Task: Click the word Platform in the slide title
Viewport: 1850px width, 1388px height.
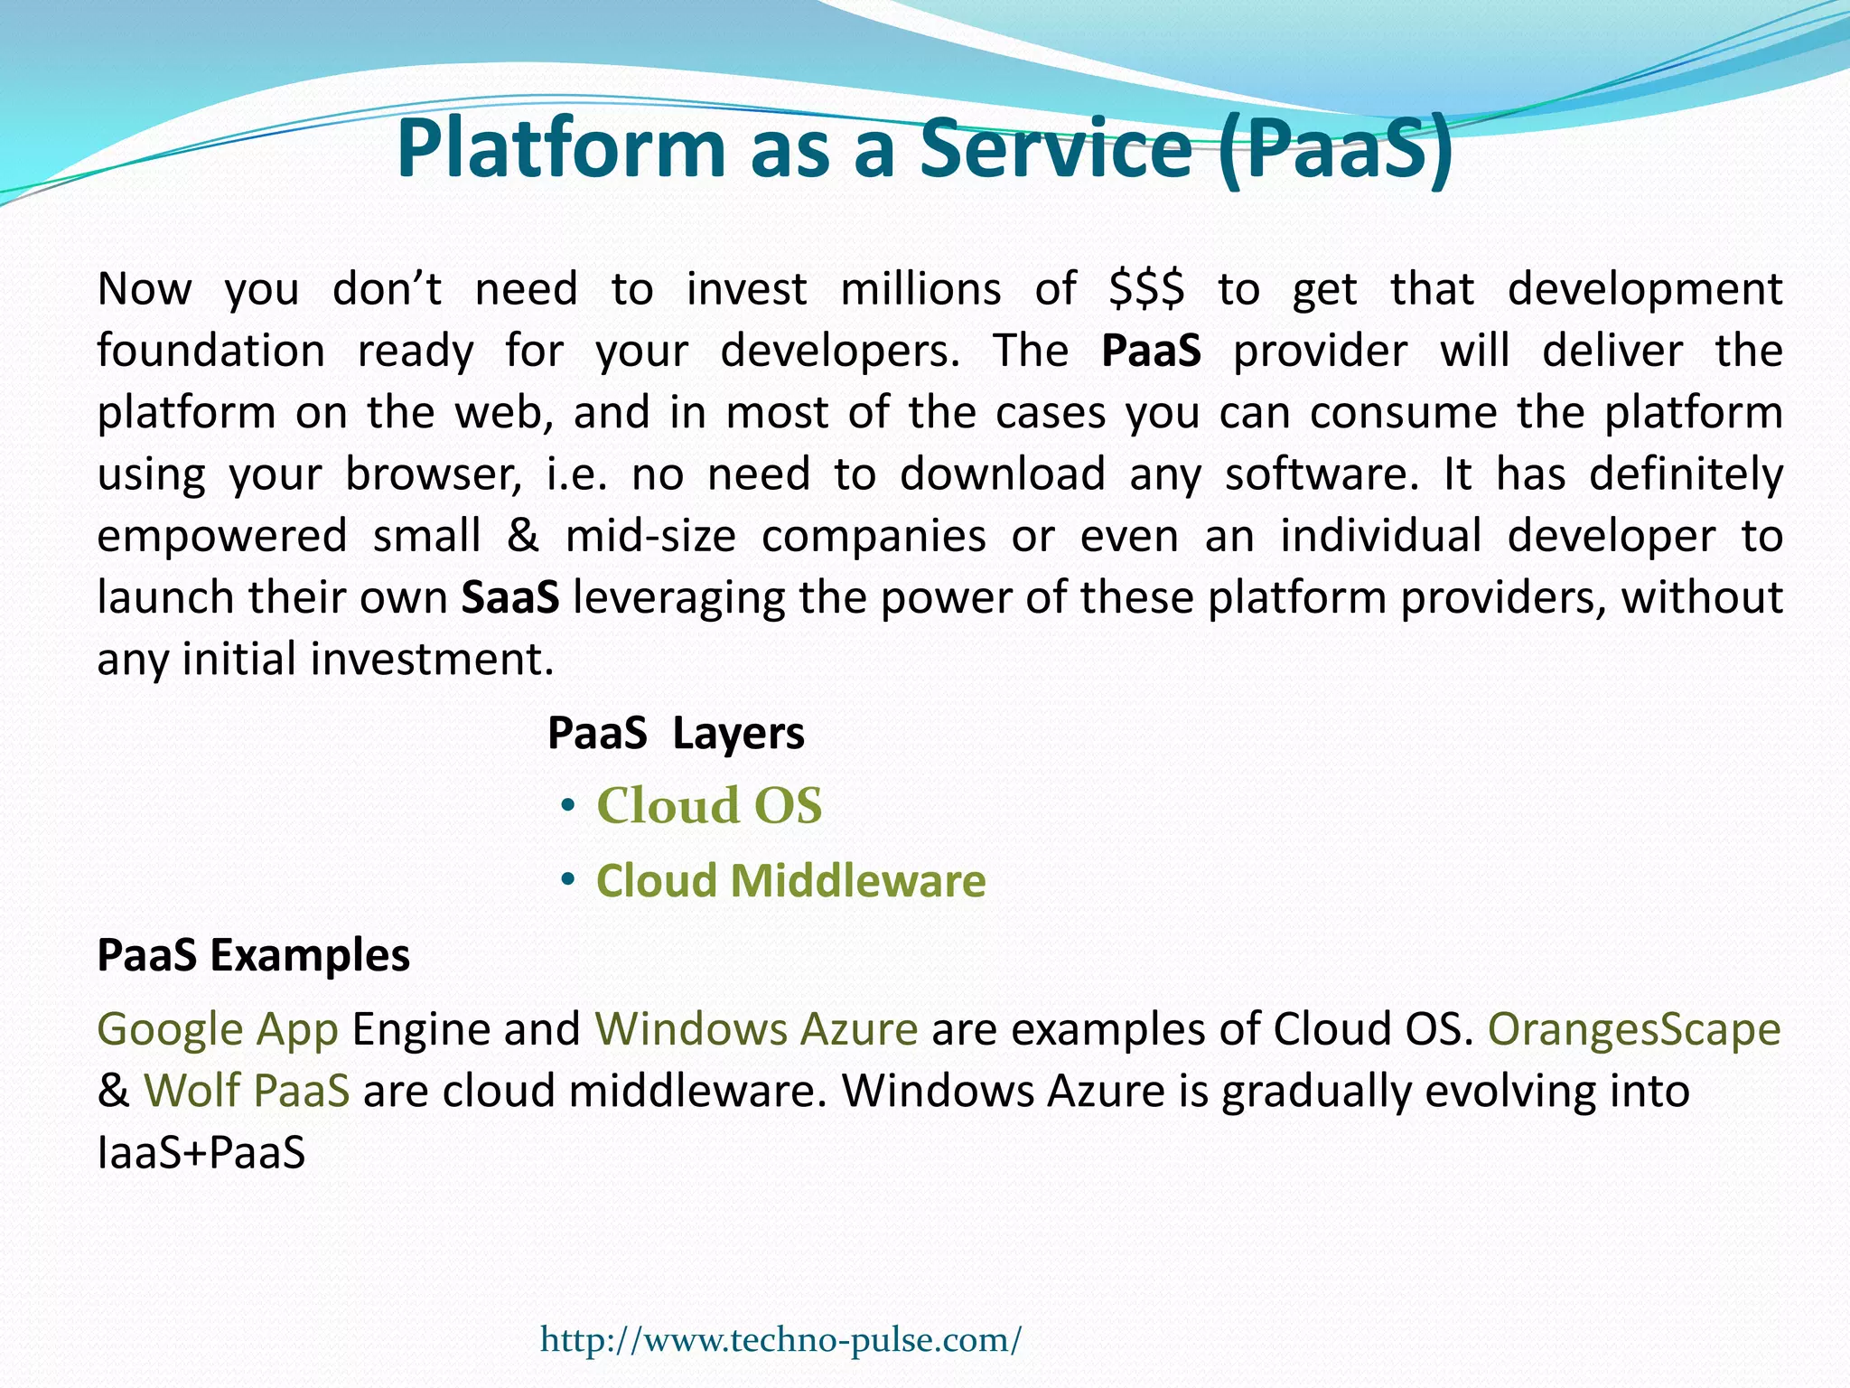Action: [x=561, y=148]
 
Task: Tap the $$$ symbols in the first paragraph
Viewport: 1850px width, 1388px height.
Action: [x=1146, y=290]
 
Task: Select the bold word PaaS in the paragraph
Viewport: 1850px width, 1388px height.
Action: [x=1151, y=351]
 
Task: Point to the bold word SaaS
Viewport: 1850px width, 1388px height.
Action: [x=509, y=597]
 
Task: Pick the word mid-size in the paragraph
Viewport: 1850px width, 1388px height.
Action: [x=650, y=536]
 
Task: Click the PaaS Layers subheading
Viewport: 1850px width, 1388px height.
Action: [x=676, y=733]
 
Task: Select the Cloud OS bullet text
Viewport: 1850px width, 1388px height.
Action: [x=709, y=805]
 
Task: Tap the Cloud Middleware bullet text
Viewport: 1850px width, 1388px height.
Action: [x=790, y=880]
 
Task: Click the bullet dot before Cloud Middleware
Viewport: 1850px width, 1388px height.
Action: [x=567, y=880]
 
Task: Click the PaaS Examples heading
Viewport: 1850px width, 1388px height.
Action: [x=253, y=955]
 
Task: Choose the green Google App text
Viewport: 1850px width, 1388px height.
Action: [x=218, y=1029]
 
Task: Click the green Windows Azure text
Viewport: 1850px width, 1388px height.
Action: [x=756, y=1029]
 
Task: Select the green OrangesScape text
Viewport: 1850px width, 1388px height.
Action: [x=1634, y=1029]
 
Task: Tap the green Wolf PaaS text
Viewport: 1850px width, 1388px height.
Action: [x=247, y=1091]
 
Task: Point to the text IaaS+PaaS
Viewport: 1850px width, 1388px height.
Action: [x=201, y=1153]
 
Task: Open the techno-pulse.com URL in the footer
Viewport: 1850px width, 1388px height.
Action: [x=780, y=1339]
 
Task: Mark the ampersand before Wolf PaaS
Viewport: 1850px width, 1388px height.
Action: [x=113, y=1091]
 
